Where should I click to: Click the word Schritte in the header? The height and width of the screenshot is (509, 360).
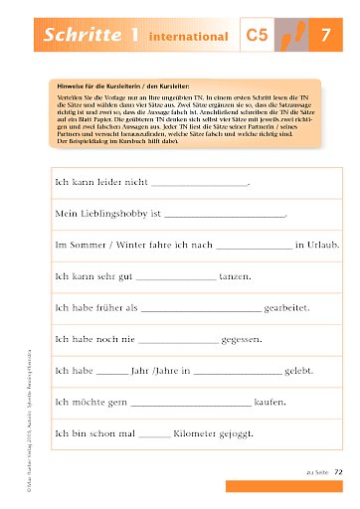(x=81, y=36)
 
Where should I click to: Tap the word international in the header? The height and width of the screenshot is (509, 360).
(x=188, y=38)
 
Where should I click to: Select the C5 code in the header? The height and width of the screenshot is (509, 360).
(x=257, y=37)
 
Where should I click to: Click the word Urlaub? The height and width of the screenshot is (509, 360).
(x=316, y=245)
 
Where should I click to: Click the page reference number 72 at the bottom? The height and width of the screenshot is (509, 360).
(x=338, y=471)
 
